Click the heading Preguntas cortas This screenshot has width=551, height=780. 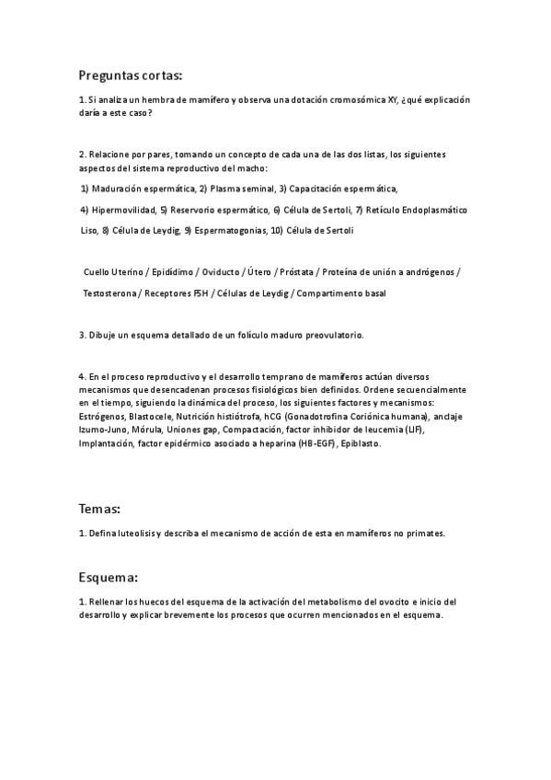[130, 75]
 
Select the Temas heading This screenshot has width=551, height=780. [100, 508]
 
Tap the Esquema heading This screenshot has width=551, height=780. [108, 578]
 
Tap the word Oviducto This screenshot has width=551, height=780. [216, 272]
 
